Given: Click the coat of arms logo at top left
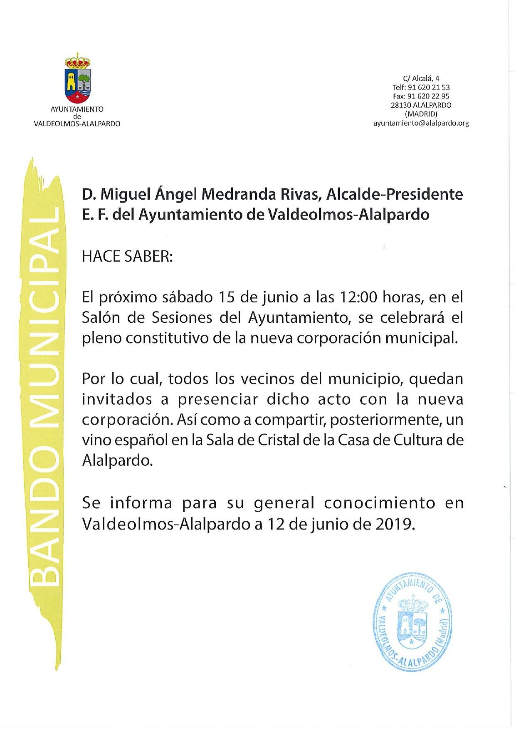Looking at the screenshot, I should coord(77,79).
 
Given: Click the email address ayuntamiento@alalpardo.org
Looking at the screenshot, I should coord(421,123).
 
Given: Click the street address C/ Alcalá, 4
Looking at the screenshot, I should coord(421,78).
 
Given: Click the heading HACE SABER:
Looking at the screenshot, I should coord(127,256).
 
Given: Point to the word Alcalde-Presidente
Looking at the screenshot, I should coord(395,194).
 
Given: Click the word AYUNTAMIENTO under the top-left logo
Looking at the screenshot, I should coord(77,109).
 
